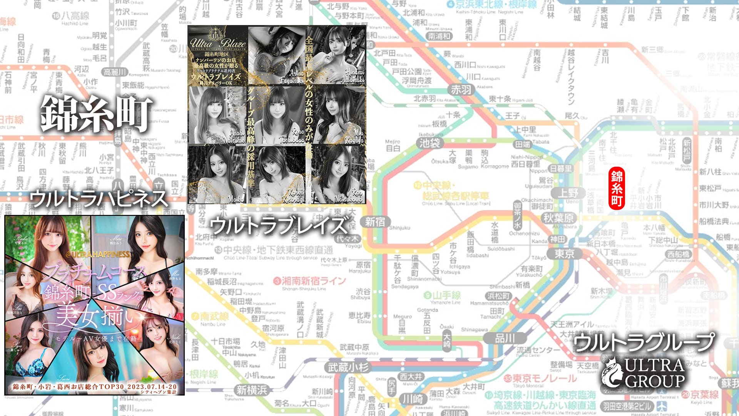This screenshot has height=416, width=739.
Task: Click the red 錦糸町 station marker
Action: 617,190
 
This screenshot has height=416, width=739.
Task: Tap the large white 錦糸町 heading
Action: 96,114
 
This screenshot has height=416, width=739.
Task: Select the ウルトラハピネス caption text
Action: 99,199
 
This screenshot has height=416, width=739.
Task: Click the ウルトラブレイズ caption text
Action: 278,225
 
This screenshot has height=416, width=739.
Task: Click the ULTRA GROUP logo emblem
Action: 613,372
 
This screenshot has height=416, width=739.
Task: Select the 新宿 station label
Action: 375,222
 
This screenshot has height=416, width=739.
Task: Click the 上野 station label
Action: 568,193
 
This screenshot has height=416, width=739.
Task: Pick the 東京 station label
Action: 564,254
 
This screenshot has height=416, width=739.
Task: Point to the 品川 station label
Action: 505,338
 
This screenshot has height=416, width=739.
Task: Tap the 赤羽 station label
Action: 461,90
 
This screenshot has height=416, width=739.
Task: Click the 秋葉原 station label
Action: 558,218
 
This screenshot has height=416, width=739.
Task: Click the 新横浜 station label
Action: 251,390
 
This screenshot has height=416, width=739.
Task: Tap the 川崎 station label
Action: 413,399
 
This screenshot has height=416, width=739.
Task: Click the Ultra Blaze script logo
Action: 218,43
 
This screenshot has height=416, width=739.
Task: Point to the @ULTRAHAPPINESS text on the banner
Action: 97,254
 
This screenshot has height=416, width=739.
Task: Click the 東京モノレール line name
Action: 540,379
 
